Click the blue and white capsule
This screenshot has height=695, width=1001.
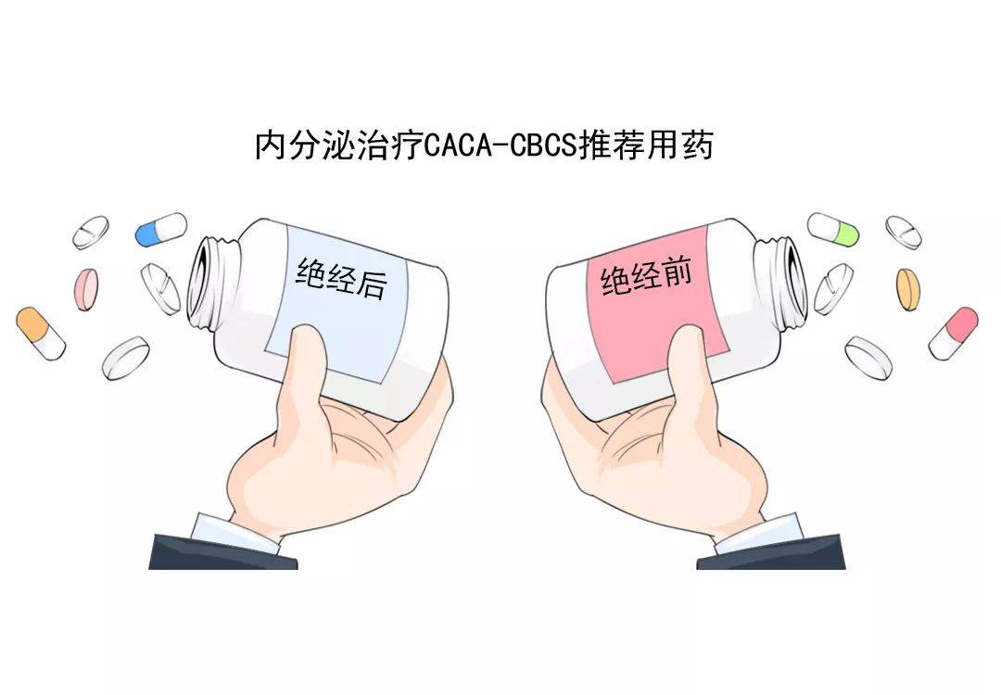pyautogui.click(x=160, y=229)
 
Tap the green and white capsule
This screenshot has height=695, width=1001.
pyautogui.click(x=833, y=229)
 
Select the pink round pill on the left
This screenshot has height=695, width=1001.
pyautogui.click(x=87, y=288)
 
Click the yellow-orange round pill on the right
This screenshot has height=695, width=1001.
pyautogui.click(x=909, y=288)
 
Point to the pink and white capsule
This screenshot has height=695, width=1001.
pyautogui.click(x=953, y=333)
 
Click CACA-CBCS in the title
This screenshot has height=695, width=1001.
pyautogui.click(x=500, y=146)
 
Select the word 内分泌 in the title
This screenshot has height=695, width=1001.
pyautogui.click(x=298, y=146)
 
